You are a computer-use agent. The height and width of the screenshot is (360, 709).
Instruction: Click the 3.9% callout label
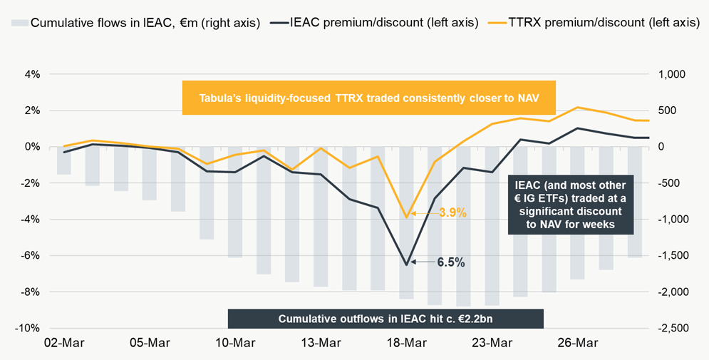pos(452,213)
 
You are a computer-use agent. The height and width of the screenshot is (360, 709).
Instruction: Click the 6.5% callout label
pos(451,262)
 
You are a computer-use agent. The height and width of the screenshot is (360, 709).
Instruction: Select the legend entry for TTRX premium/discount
pos(594,23)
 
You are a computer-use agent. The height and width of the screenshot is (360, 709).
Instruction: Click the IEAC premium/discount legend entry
pos(374,23)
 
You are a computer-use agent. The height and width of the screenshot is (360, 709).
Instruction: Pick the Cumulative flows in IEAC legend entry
pos(135,23)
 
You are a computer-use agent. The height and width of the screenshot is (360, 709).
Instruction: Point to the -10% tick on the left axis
pos(28,329)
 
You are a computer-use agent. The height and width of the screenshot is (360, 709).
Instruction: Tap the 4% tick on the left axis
pos(32,74)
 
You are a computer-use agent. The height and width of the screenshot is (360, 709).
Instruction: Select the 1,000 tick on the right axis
pos(673,74)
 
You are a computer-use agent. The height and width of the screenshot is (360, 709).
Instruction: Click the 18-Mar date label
pos(406,344)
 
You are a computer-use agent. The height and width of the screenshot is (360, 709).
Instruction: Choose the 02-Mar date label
pos(63,344)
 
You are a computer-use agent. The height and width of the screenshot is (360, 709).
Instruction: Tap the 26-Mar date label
pos(577,344)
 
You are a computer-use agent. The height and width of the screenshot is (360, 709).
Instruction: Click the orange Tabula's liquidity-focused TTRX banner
pos(369,98)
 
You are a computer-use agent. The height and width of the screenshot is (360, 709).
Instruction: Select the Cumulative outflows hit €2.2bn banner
pos(385,319)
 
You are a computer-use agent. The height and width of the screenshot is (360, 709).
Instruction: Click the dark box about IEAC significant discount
pos(571,205)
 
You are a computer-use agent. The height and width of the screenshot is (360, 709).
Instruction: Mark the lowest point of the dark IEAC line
pos(406,265)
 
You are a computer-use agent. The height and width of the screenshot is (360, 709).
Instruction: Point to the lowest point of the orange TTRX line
pos(406,217)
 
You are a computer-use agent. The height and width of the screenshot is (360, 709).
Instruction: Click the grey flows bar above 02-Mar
pos(63,160)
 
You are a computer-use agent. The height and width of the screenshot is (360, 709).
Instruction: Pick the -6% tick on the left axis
pos(30,255)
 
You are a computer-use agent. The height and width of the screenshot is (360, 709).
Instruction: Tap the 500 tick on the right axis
pos(676,110)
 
